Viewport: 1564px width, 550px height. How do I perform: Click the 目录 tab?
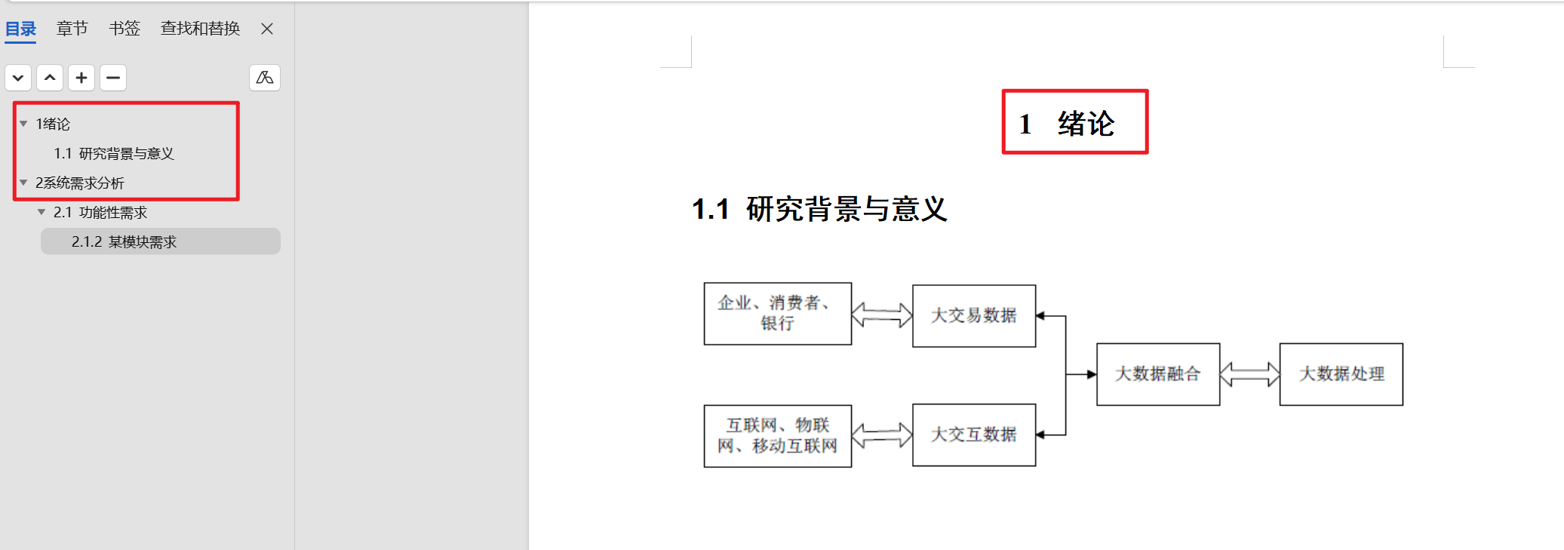pos(20,29)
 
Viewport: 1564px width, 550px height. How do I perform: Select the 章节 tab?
pos(72,29)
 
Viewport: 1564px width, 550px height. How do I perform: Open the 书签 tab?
pos(124,29)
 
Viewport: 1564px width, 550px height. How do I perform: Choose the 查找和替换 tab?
pos(200,29)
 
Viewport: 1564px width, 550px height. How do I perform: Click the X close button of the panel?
pos(267,29)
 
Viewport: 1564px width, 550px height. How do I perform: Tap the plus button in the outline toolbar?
pos(81,78)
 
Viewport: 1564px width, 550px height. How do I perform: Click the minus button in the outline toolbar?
pos(113,78)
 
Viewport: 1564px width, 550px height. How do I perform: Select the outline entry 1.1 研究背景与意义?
pos(113,154)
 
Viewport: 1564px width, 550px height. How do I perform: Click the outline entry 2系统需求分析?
pos(79,183)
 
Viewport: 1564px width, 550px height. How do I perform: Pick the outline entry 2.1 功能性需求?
pos(100,213)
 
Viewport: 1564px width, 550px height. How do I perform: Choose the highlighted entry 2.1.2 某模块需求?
pos(124,242)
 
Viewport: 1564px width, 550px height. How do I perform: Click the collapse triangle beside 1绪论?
pos(23,124)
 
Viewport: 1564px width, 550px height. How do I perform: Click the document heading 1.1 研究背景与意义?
pos(819,209)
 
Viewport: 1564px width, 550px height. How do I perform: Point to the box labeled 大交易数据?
pos(973,315)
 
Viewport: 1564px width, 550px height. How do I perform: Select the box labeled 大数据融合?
pos(1157,374)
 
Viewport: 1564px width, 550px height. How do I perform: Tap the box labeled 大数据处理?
pos(1341,374)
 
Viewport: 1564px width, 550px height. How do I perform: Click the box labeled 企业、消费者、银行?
pos(777,313)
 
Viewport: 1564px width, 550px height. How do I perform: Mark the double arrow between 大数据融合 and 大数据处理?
pos(1249,374)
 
